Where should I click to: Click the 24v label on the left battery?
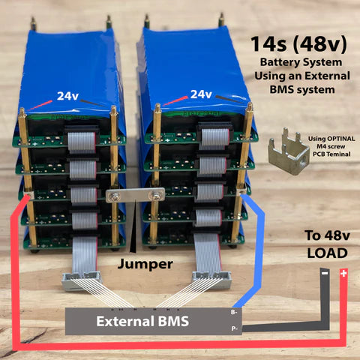67,96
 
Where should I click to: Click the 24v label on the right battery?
201,94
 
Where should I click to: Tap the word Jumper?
145,264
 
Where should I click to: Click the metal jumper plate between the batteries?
135,195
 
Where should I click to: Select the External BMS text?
142,321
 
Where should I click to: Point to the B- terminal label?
234,312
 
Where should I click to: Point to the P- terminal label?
234,328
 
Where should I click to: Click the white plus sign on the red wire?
343,273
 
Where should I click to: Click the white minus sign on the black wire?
325,273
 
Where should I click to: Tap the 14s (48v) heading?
299,44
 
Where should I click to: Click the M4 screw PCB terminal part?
289,151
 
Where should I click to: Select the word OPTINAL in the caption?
341,139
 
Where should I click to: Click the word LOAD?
327,253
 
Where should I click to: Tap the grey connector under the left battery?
82,280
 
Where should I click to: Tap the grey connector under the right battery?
212,280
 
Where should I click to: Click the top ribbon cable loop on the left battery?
82,140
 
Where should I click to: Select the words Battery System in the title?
301,62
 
